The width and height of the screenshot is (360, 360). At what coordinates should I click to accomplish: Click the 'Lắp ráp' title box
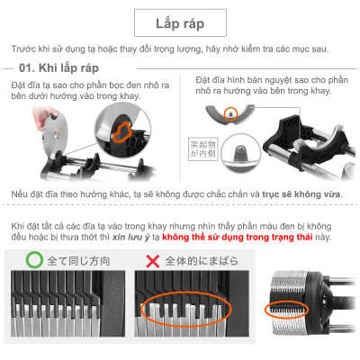point(180,20)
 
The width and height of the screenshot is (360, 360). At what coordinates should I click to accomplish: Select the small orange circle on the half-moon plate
point(230,113)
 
